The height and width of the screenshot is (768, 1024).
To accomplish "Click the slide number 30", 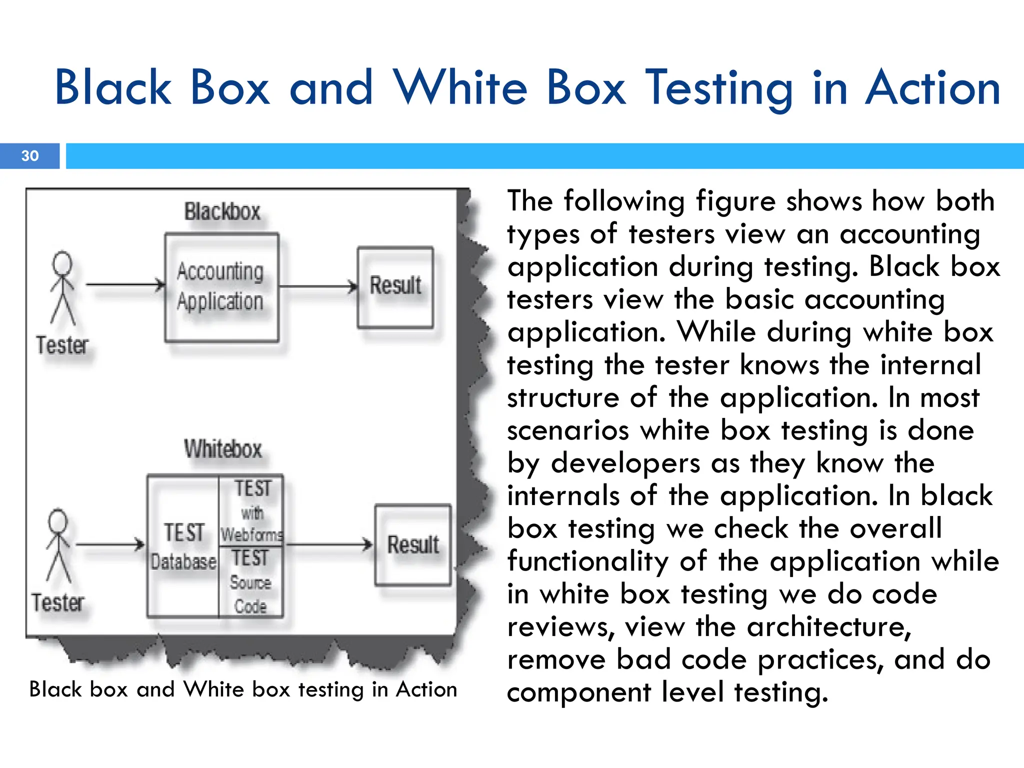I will pos(30,156).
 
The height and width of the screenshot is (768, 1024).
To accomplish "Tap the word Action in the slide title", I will pos(932,88).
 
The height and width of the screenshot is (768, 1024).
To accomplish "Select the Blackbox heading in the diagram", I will pos(222,211).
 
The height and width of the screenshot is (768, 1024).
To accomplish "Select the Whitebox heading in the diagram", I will pos(222,448).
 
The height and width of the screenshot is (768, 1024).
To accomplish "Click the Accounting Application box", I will pos(221,287).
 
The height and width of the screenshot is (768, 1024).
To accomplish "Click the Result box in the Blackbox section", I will pos(395,287).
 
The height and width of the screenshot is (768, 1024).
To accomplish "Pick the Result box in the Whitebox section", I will pos(412,544).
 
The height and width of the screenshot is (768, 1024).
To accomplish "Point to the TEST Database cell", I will pos(183,546).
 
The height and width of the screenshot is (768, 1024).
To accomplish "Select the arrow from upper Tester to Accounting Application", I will pos(125,285).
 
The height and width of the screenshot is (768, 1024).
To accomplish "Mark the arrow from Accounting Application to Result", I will pos(318,287).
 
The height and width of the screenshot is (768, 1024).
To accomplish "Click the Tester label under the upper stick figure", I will pos(62,345).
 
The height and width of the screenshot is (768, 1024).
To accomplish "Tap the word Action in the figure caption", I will pos(426,689).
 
